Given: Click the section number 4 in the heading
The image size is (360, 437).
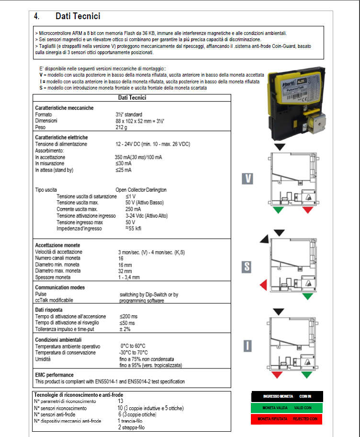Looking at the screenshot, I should (x=37, y=16).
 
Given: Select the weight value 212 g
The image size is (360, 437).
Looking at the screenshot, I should (x=121, y=127).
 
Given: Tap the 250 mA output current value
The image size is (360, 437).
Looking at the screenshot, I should (x=133, y=209).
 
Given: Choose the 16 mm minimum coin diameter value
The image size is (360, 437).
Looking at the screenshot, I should (x=125, y=264).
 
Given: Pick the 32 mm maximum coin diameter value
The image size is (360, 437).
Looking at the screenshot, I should (x=125, y=271).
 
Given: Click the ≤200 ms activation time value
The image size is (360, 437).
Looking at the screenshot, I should (x=128, y=317).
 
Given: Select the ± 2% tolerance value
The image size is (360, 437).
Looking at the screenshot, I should (x=125, y=329).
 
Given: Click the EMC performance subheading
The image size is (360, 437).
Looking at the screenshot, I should (x=55, y=375).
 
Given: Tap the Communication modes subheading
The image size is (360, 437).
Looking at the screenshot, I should (x=60, y=287).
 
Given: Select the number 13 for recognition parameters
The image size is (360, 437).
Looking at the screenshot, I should (x=121, y=401).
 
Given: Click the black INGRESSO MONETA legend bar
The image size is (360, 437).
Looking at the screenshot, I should (x=287, y=397).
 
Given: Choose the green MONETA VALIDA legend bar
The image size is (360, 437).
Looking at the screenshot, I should (x=287, y=408).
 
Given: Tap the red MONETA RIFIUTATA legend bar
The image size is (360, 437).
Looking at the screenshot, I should (x=287, y=419).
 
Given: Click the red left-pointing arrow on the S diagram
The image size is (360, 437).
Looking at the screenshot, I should (x=263, y=286).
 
